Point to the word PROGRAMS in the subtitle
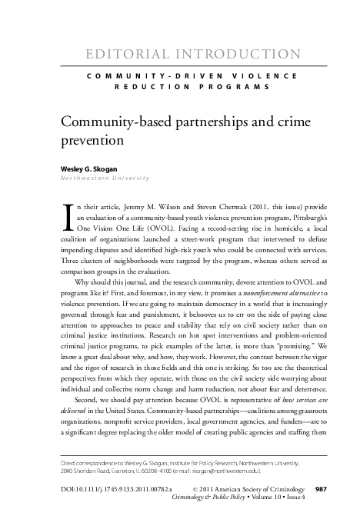[x=230, y=87]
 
